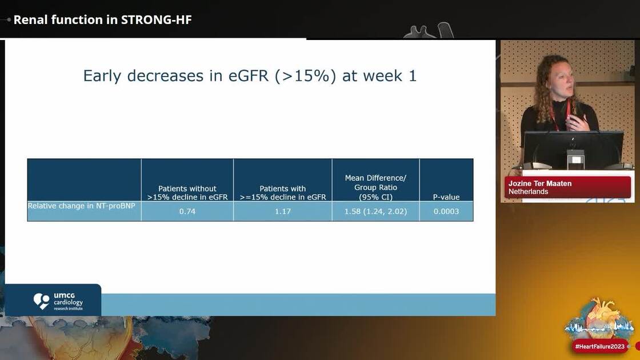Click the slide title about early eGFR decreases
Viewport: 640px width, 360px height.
click(x=250, y=75)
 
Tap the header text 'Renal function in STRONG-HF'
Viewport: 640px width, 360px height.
click(x=102, y=19)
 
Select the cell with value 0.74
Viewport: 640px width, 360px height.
click(x=187, y=211)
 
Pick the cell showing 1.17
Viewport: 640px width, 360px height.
click(x=282, y=211)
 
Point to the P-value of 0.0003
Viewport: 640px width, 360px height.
click(x=446, y=211)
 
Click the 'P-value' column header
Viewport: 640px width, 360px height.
click(x=446, y=197)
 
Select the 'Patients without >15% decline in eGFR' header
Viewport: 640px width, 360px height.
click(x=187, y=193)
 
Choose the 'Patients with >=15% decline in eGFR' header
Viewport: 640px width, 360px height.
click(x=282, y=193)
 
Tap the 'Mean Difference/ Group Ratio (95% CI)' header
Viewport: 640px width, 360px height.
click(x=375, y=187)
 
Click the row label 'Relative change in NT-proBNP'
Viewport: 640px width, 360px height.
click(x=82, y=205)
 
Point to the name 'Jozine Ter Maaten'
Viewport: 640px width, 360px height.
click(x=539, y=183)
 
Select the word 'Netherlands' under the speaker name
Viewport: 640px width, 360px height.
click(x=528, y=191)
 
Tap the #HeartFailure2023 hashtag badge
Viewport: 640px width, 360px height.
click(x=599, y=347)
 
